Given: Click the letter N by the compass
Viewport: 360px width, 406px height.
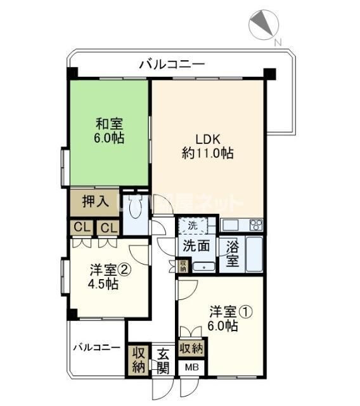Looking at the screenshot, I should (277, 43).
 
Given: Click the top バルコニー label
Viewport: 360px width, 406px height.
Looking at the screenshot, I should (171, 64).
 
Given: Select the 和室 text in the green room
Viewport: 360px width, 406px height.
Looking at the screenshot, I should (110, 124).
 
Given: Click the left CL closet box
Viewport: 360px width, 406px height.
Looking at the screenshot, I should (80, 227).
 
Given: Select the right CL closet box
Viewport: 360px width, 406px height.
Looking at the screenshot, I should (108, 227).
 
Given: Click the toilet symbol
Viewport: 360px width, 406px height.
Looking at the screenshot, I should (134, 207).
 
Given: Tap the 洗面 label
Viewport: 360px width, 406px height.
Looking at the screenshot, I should (196, 246).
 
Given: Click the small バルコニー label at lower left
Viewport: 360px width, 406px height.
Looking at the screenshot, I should (96, 348).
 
